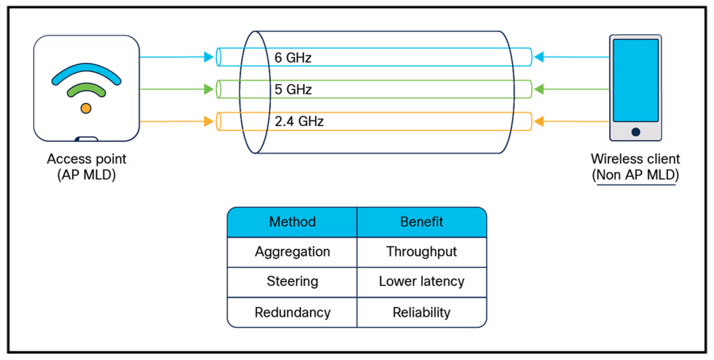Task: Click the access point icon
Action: click(x=86, y=87)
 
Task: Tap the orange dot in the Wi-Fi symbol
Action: click(x=85, y=108)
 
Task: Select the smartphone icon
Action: click(x=634, y=88)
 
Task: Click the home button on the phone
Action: click(x=635, y=131)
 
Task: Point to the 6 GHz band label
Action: click(x=293, y=58)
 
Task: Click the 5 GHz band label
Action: click(x=293, y=89)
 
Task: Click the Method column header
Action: click(x=292, y=222)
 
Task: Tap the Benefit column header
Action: click(x=422, y=222)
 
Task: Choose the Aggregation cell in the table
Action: click(x=292, y=252)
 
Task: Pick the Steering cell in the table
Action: click(x=292, y=282)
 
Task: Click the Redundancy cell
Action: click(x=292, y=312)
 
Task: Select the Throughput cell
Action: click(x=422, y=252)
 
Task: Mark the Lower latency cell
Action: click(x=422, y=282)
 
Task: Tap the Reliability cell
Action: click(x=422, y=312)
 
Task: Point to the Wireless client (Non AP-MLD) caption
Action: click(x=634, y=167)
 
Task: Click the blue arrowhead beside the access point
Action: click(x=209, y=57)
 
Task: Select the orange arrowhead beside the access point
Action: click(x=209, y=122)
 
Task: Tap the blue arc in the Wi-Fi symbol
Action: click(x=85, y=71)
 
